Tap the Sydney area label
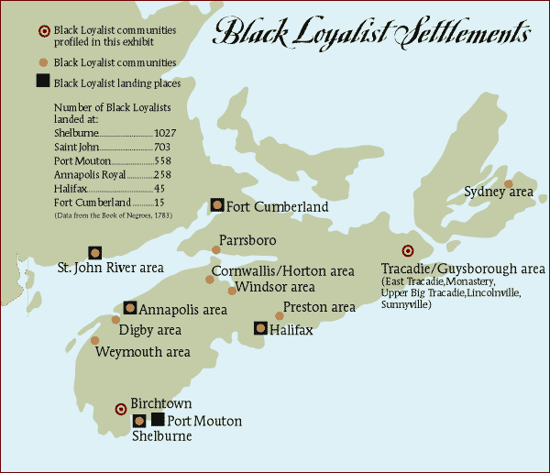click(x=498, y=192)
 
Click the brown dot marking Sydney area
click(x=509, y=183)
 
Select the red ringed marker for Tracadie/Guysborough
click(x=408, y=252)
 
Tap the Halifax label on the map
click(x=291, y=330)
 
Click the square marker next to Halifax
click(x=261, y=328)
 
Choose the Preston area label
click(x=319, y=307)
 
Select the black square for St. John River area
click(x=94, y=252)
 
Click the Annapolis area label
click(x=184, y=309)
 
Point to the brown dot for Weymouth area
click(x=96, y=340)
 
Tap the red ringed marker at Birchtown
click(x=120, y=409)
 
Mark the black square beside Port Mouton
click(x=158, y=419)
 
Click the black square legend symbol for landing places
click(x=42, y=81)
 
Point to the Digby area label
click(x=151, y=330)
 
